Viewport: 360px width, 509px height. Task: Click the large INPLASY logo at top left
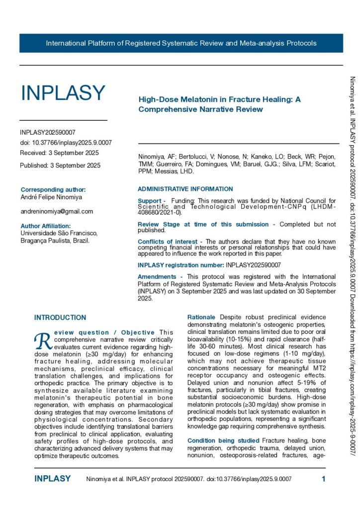(63, 93)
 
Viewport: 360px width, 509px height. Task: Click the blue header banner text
(181, 43)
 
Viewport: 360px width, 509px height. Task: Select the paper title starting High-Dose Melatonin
(219, 104)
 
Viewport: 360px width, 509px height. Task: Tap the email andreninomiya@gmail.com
(57, 211)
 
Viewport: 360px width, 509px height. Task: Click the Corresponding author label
(53, 189)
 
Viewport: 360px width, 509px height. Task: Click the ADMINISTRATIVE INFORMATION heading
(185, 189)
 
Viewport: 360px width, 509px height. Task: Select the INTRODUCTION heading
(60, 317)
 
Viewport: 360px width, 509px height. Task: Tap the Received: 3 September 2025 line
(59, 153)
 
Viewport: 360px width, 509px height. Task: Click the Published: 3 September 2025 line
(60, 166)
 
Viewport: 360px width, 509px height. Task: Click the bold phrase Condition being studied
(216, 440)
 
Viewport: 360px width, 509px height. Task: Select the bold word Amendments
(157, 276)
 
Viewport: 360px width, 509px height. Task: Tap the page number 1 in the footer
(323, 479)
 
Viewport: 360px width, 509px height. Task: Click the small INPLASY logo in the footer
(52, 479)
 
